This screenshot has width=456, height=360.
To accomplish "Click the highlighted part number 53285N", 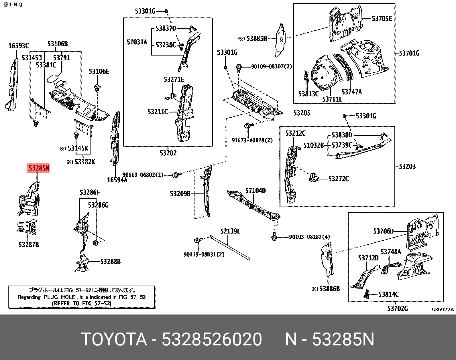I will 39,168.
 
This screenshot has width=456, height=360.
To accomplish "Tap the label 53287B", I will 29,245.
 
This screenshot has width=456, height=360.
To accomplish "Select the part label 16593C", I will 19,46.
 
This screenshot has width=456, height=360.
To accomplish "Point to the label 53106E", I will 99,72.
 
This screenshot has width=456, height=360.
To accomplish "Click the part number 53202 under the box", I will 168,153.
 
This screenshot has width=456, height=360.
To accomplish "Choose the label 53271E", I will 174,80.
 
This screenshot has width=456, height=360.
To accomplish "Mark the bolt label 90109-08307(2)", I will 271,67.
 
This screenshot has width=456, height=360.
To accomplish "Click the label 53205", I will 302,113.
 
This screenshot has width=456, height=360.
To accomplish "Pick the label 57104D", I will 255,191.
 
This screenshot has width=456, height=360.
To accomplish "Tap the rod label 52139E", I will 230,231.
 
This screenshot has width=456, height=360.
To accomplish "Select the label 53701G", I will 409,53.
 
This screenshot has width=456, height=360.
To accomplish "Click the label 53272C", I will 338,179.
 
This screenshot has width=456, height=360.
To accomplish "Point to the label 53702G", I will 397,308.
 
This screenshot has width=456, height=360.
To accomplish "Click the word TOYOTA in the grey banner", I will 114,339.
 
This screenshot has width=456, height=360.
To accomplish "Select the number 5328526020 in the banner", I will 212,339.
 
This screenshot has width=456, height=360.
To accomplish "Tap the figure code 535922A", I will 443,310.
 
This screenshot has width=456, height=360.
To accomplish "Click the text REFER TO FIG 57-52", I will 82,303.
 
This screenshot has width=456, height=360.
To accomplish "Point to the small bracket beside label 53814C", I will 367,294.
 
